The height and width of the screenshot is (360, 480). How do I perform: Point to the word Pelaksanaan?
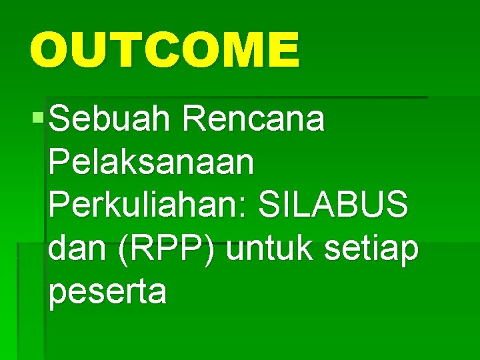pos(151,164)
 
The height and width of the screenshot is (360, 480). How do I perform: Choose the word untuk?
pos(273,250)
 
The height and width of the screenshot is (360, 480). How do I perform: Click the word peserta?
pos(107,293)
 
